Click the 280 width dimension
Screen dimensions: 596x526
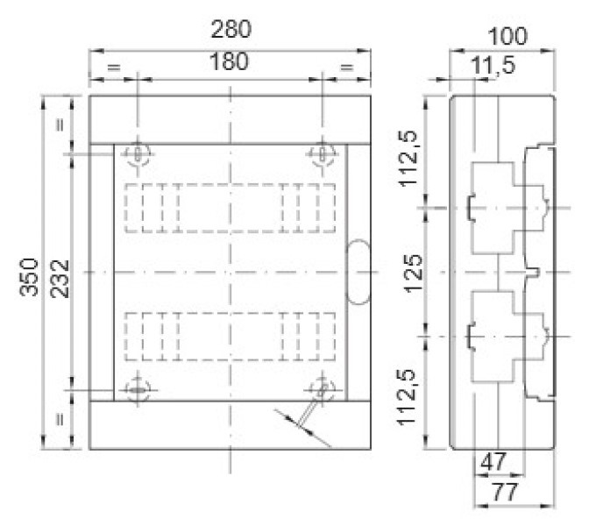tap(231, 29)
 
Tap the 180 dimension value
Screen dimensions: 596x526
tap(229, 61)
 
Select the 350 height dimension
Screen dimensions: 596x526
tap(29, 277)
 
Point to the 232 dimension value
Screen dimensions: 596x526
tap(60, 279)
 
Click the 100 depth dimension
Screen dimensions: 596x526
tap(507, 36)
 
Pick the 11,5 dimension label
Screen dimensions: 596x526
tap(493, 65)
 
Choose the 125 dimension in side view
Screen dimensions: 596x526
tap(413, 274)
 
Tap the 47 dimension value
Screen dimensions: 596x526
tap(493, 462)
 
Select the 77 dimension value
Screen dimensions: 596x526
tap(505, 492)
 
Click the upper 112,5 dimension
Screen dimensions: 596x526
tap(408, 158)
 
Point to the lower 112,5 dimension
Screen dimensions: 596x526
tap(406, 397)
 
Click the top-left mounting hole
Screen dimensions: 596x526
tap(138, 154)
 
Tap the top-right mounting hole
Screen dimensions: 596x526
tap(322, 154)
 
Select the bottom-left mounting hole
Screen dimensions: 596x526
tap(138, 390)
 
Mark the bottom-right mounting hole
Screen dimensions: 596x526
tap(322, 390)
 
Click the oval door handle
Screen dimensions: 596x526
tap(358, 272)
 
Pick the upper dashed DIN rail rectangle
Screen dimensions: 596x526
tap(230, 208)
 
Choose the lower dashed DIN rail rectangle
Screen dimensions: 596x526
tap(230, 336)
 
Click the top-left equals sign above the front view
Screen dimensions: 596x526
tap(114, 68)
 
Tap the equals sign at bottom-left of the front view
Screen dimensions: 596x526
tap(60, 420)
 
